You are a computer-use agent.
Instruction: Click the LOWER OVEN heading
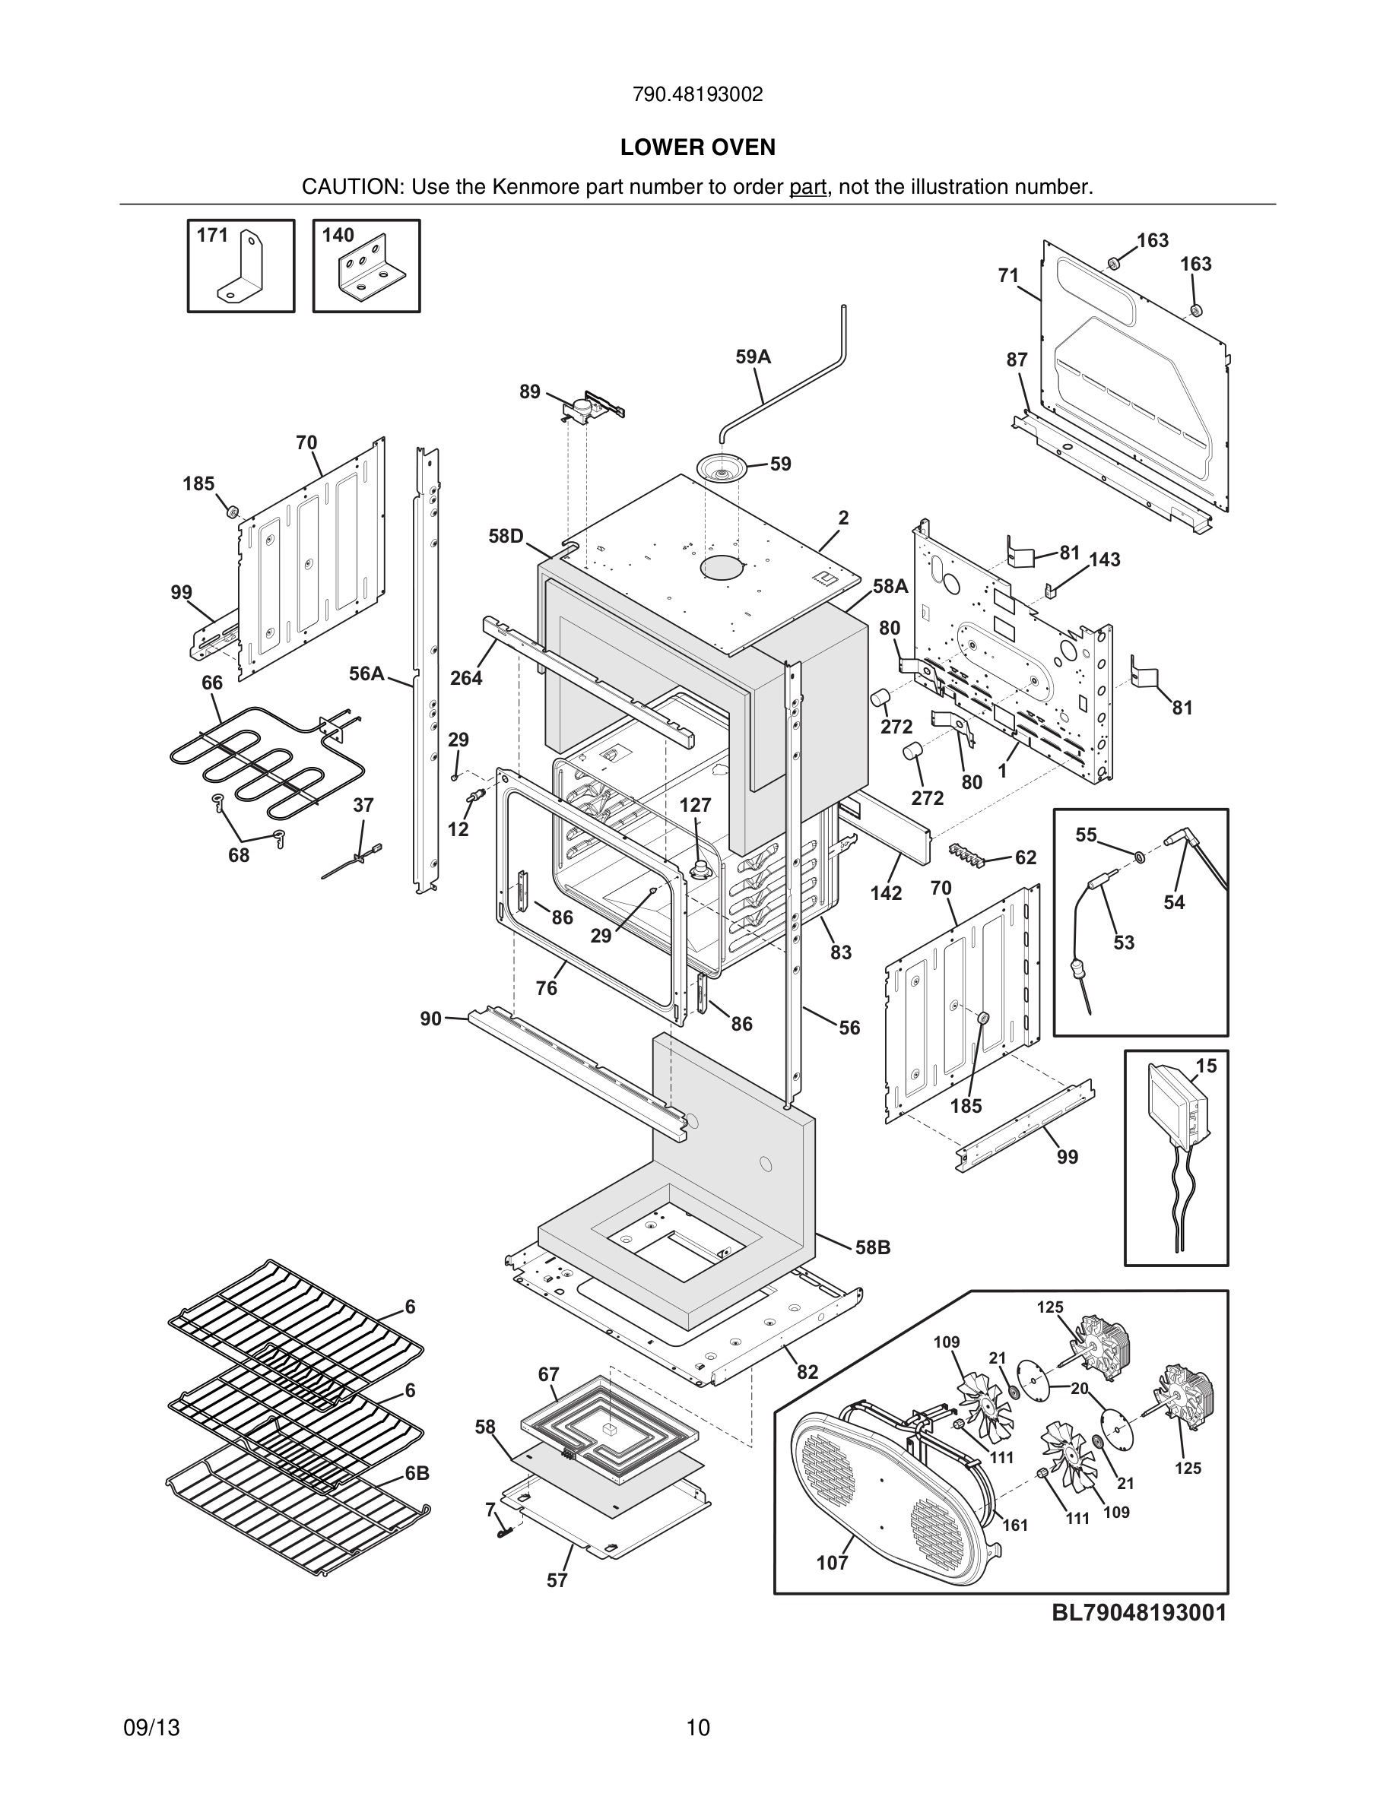coord(697,147)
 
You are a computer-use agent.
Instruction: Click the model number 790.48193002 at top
coord(697,95)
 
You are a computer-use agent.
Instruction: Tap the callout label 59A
coord(753,357)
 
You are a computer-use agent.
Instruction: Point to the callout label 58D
coord(506,537)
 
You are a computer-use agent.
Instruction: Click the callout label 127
coord(695,805)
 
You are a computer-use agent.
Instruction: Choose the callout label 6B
coord(417,1474)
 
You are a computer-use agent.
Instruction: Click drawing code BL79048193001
coord(1139,1612)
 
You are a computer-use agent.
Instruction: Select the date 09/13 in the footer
coord(151,1728)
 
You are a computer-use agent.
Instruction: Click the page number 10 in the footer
coord(698,1728)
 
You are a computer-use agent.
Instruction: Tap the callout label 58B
coord(873,1247)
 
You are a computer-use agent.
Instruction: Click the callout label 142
coord(886,893)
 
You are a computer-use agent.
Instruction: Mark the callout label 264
coord(465,678)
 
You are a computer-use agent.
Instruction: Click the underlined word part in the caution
coord(807,188)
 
